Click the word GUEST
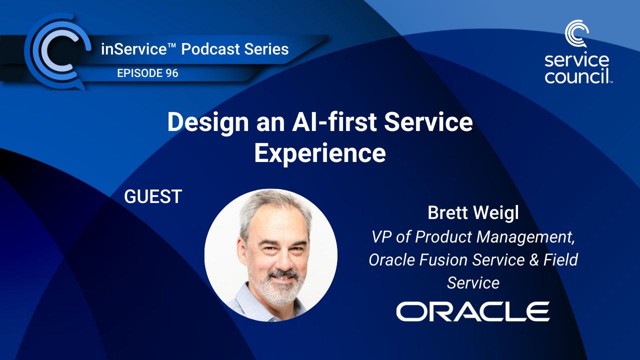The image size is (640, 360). tap(153, 196)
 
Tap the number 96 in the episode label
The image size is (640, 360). tap(170, 73)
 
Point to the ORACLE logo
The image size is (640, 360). tap(473, 311)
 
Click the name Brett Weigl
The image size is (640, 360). tap(473, 212)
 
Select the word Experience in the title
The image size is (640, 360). tap(320, 153)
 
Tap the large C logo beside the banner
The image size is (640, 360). tap(56, 52)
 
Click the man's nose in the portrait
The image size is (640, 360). tap(278, 255)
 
